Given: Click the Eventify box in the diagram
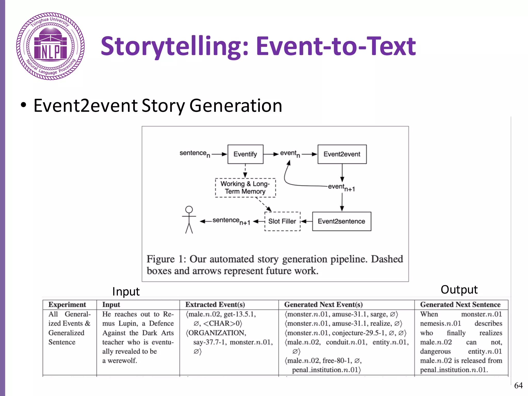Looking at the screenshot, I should click(x=245, y=154).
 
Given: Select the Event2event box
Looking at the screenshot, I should click(x=342, y=154).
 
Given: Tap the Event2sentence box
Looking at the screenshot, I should click(x=341, y=221).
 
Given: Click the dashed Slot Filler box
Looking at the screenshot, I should click(x=282, y=221).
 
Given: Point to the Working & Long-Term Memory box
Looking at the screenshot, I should click(x=245, y=188).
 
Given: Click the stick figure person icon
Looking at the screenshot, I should click(x=189, y=220).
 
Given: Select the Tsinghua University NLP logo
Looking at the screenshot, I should click(x=51, y=46).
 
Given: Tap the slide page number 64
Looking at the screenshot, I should click(x=518, y=385).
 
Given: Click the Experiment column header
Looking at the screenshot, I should click(x=67, y=304).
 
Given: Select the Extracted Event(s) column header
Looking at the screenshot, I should click(x=215, y=304).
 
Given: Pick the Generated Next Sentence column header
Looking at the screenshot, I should click(x=460, y=304).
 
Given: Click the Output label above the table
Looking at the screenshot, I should click(x=459, y=290).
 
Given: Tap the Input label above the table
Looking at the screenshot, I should click(x=126, y=292).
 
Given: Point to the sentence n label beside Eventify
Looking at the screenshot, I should click(x=194, y=154).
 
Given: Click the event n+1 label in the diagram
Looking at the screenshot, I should click(x=341, y=187).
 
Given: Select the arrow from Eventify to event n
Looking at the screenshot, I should click(x=271, y=154).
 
